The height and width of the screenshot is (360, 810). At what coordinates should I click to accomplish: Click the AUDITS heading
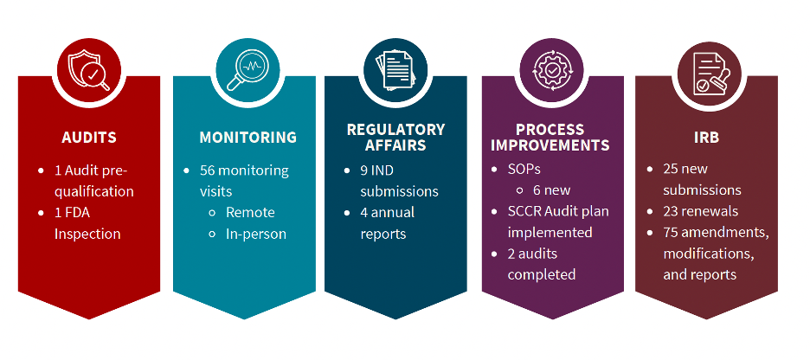pyautogui.click(x=89, y=138)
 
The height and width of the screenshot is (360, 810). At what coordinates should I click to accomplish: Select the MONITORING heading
pyautogui.click(x=247, y=138)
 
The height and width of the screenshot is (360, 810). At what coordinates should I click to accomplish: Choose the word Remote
pyautogui.click(x=250, y=212)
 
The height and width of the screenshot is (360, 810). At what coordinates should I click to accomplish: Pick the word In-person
pyautogui.click(x=256, y=234)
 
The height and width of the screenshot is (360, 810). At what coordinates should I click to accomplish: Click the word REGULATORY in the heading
pyautogui.click(x=395, y=130)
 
